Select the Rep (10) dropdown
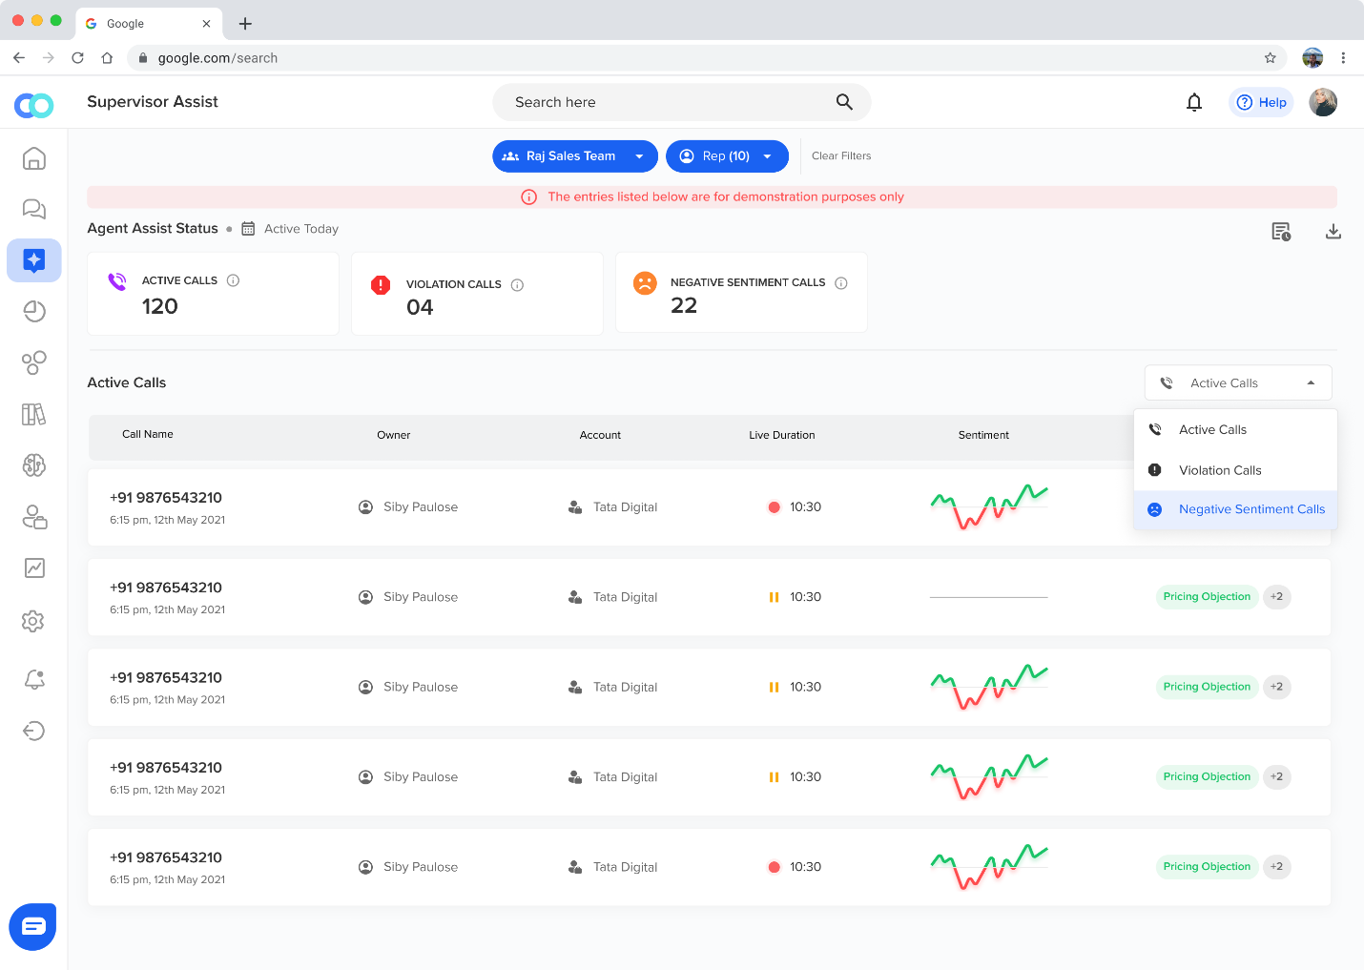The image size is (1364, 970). pos(726,156)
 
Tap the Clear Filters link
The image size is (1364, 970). pos(841,156)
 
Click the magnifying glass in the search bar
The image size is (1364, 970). pos(844,102)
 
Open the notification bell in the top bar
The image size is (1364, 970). pos(1194,102)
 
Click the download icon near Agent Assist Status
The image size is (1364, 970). pos(1333,232)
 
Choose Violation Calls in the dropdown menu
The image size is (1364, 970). pos(1220,470)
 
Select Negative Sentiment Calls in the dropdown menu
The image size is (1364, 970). pos(1251,509)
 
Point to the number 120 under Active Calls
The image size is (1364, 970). pos(160,306)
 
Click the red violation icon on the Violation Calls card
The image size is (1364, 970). pos(381,284)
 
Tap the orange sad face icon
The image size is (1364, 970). pos(645,282)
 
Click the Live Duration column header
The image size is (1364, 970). pos(782,435)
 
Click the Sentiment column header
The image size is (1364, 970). pos(983,435)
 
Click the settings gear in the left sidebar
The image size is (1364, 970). pos(33,621)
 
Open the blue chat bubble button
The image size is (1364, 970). pos(33,926)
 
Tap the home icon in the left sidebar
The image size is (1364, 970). pos(34,158)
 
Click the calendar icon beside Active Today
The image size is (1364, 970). pos(248,229)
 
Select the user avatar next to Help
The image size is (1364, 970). pos(1323,102)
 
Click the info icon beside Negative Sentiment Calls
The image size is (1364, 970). pos(841,283)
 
